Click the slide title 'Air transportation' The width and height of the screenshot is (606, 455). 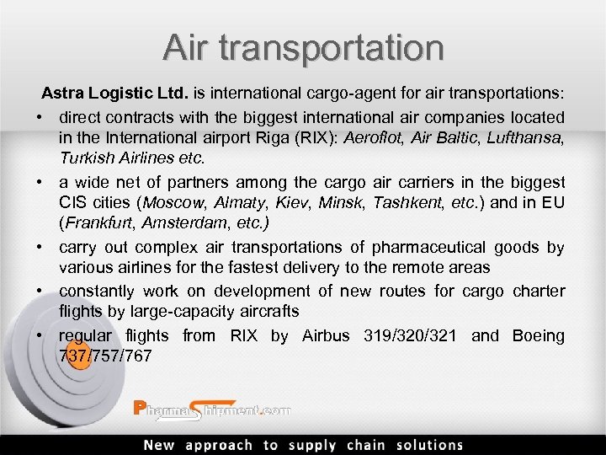(x=303, y=48)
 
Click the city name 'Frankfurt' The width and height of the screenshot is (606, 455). (x=96, y=225)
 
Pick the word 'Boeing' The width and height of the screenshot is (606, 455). (x=539, y=335)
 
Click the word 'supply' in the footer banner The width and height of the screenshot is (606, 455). (x=311, y=446)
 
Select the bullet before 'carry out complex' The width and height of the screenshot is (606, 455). (x=40, y=248)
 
